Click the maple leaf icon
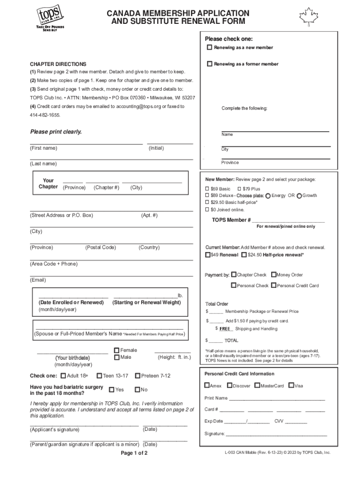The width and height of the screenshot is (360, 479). click(309, 17)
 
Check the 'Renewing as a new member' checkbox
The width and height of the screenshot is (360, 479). click(210, 48)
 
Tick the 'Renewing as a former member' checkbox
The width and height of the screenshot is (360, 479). click(210, 64)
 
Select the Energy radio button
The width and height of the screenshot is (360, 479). click(268, 196)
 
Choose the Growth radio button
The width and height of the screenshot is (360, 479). click(299, 196)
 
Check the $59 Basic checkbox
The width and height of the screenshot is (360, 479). click(208, 189)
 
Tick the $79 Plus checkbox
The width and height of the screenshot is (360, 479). click(240, 189)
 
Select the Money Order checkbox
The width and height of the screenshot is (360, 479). click(273, 275)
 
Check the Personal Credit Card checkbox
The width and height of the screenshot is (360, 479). click(274, 285)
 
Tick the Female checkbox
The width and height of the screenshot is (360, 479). click(117, 350)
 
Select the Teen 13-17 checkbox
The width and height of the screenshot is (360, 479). click(99, 376)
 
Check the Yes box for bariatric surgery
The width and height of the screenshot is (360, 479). click(112, 390)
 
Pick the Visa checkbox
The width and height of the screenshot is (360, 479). click(291, 385)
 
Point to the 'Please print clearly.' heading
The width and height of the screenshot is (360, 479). click(56, 132)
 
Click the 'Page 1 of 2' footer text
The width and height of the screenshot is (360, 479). click(134, 453)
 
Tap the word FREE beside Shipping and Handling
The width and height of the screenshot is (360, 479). click(225, 329)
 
